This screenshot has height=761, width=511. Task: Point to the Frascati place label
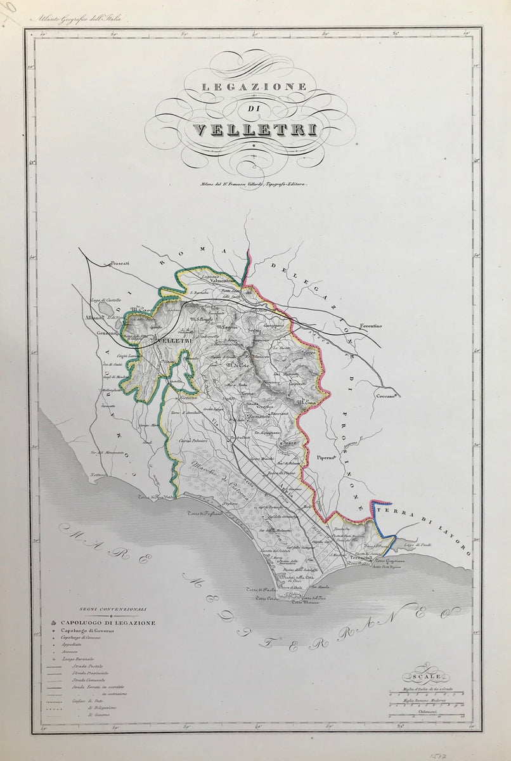coord(119,263)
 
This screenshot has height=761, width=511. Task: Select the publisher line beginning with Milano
coord(252,185)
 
